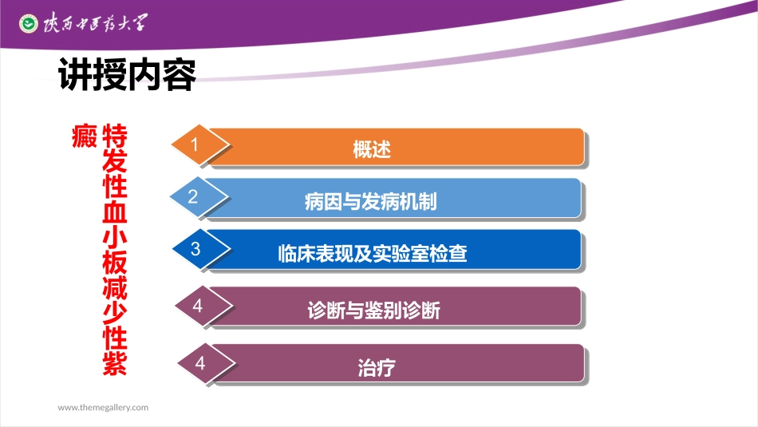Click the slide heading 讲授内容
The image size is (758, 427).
click(128, 74)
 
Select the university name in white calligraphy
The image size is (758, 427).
click(94, 23)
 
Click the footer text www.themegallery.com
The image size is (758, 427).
click(103, 407)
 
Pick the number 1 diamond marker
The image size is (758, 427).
click(194, 144)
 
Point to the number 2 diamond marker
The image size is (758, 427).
click(193, 196)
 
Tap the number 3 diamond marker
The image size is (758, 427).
click(195, 249)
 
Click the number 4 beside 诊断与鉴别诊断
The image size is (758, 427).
click(198, 306)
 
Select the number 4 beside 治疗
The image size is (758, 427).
click(200, 363)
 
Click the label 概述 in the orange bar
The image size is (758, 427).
click(372, 149)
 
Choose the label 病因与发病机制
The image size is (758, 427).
click(370, 201)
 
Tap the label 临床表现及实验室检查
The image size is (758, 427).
click(372, 254)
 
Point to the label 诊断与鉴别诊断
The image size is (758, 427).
click(373, 310)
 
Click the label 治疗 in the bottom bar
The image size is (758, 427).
click(377, 368)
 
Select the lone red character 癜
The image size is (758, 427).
click(85, 137)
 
